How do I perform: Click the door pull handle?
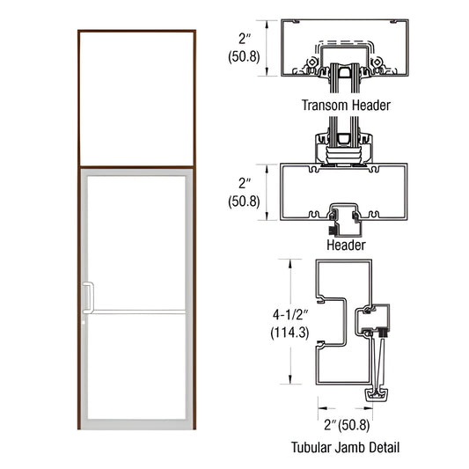pyautogui.click(x=86, y=297)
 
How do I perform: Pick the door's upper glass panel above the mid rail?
pyautogui.click(x=136, y=242)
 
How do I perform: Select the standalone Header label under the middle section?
pyautogui.click(x=346, y=245)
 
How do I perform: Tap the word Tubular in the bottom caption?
pyautogui.click(x=314, y=447)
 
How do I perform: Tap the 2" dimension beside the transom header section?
pyautogui.click(x=246, y=38)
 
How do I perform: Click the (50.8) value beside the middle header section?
pyautogui.click(x=245, y=202)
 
